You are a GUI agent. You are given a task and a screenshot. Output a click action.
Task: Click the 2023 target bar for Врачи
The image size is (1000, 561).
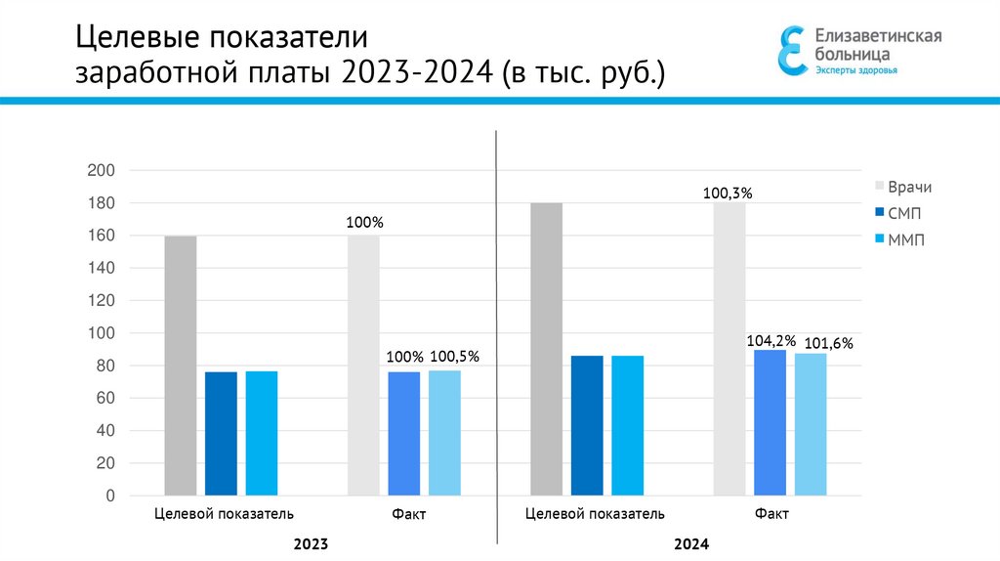click(181, 366)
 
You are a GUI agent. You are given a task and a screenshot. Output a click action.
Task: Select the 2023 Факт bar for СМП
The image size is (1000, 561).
click(404, 433)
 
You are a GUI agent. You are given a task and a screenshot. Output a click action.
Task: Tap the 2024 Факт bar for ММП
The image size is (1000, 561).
click(811, 424)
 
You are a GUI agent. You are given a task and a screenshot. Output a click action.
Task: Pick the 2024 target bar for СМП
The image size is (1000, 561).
click(587, 425)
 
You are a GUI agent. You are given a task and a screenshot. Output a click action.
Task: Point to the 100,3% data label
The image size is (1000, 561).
click(728, 194)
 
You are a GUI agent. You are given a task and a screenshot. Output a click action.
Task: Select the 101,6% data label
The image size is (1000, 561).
click(829, 343)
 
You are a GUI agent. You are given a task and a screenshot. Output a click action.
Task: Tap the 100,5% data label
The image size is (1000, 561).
click(455, 357)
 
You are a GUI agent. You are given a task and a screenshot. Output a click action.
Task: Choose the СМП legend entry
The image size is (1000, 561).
click(904, 213)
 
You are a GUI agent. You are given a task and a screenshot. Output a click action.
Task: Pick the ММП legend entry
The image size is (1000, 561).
click(905, 238)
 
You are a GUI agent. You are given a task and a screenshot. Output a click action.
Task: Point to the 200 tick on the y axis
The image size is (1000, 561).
click(103, 171)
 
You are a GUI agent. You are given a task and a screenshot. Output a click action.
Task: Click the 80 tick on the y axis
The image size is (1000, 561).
click(105, 367)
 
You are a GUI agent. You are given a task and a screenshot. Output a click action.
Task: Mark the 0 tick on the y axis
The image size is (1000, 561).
click(110, 496)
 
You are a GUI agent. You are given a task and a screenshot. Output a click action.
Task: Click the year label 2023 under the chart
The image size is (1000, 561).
click(310, 543)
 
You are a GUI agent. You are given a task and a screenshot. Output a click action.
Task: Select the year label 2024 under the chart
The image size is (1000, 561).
click(690, 543)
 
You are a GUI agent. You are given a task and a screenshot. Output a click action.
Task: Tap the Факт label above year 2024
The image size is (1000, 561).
click(771, 514)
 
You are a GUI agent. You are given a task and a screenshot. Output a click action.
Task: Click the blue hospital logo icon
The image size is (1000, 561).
click(793, 50)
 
